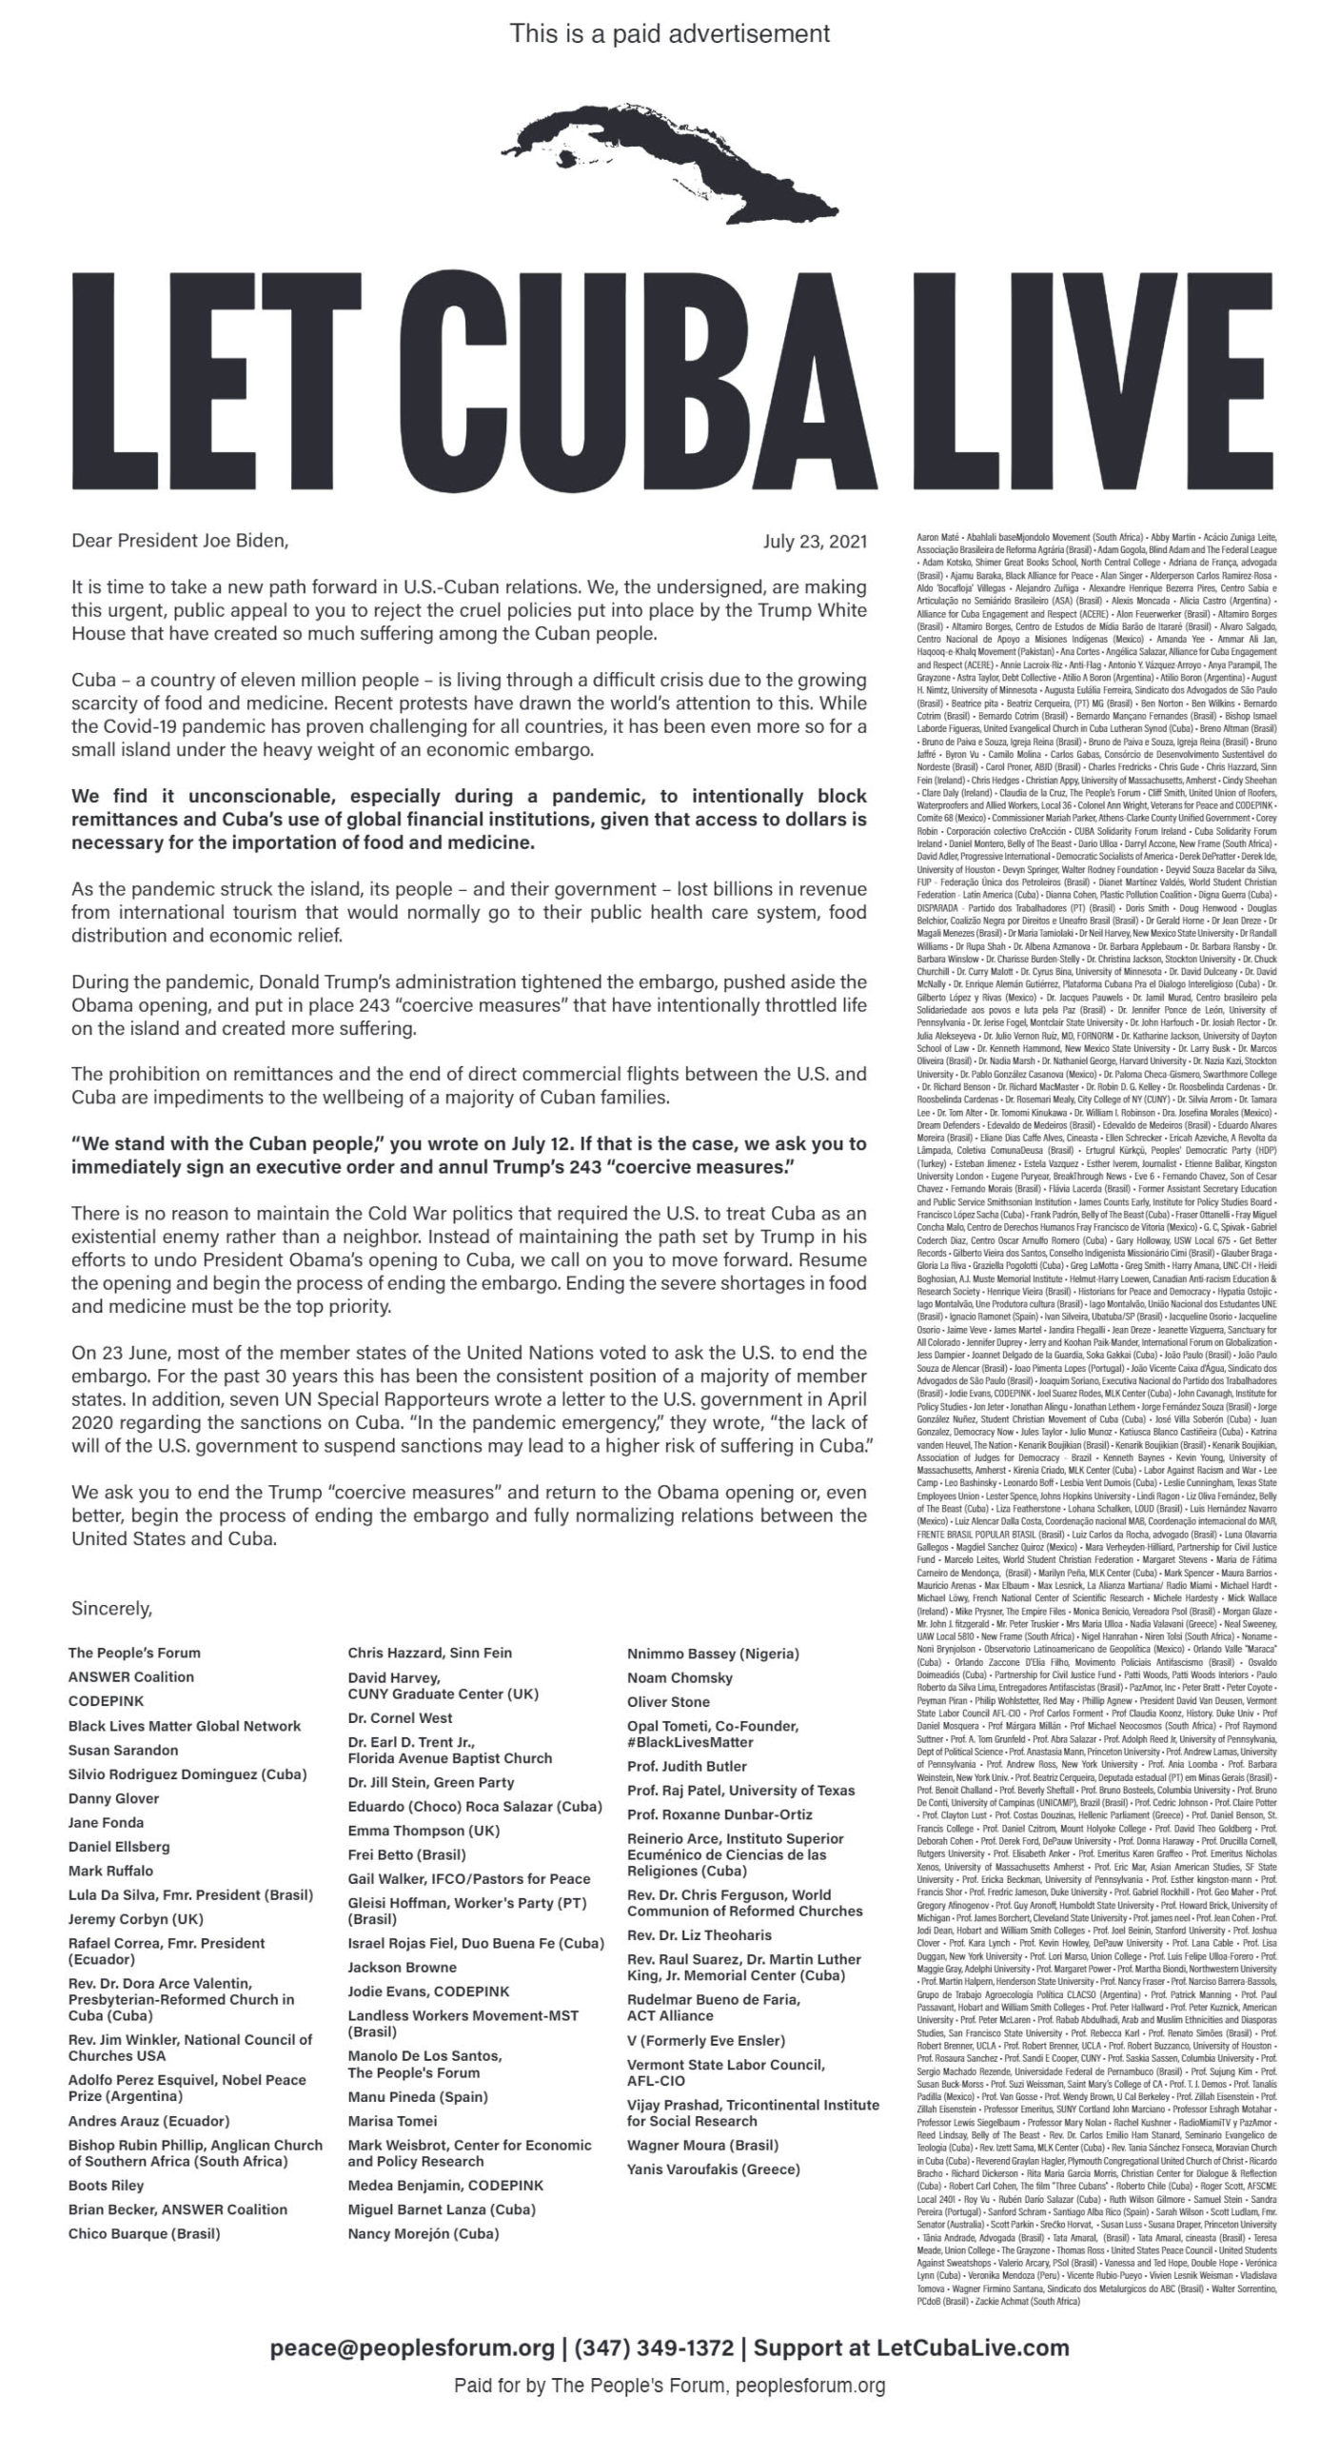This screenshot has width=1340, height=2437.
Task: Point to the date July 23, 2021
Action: [x=815, y=543]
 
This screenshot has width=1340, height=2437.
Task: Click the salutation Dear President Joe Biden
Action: [x=179, y=542]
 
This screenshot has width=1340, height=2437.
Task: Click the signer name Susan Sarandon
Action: [x=123, y=1750]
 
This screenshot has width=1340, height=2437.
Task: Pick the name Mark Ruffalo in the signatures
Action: [x=110, y=1871]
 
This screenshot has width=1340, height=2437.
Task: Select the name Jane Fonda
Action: [x=107, y=1822]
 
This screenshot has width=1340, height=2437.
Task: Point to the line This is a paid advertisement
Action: [x=670, y=34]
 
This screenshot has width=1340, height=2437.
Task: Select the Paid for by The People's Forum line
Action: [x=670, y=2386]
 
